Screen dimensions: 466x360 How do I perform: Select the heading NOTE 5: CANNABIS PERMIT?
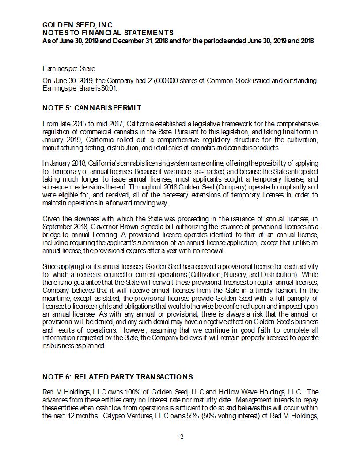91,108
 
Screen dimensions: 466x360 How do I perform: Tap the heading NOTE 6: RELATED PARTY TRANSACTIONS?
117,377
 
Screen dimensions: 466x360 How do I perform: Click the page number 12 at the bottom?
180,437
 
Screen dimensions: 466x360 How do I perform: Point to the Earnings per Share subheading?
68,68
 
